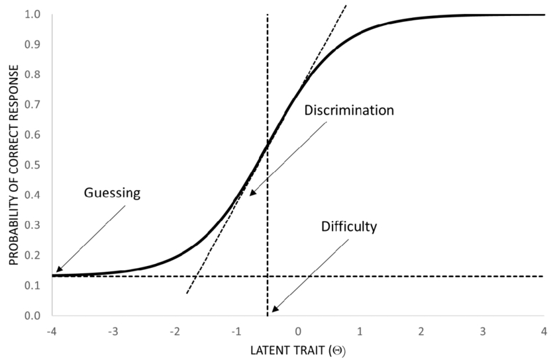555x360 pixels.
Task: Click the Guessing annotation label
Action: coord(113,193)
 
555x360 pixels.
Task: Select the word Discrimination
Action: coord(349,110)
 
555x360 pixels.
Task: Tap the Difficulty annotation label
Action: coord(349,226)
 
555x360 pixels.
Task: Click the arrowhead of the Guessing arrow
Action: coord(58,271)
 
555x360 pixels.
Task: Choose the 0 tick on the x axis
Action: coord(298,330)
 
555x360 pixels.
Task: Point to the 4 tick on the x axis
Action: coord(543,330)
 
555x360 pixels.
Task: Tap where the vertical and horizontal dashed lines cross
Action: coord(268,276)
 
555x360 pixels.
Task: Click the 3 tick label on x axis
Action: coord(482,330)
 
